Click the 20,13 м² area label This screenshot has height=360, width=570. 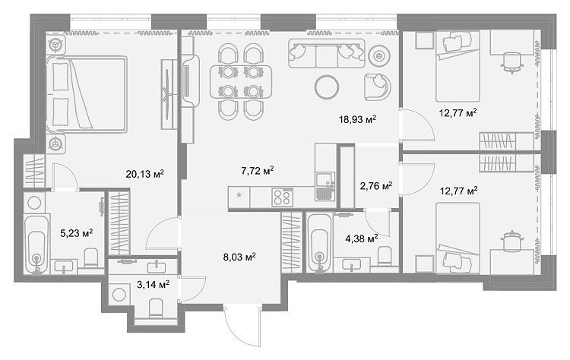(144, 174)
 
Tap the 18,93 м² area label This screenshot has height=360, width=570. (357, 119)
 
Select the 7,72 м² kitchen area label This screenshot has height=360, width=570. (258, 170)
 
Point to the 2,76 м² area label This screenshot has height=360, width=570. (376, 186)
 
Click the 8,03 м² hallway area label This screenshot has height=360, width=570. (239, 257)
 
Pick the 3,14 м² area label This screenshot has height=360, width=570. (153, 285)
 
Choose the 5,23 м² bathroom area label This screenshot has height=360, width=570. (76, 232)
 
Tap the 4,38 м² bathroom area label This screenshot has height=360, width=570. (361, 238)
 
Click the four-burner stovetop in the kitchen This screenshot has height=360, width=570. (282, 197)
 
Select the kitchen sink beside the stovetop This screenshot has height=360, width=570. (325, 186)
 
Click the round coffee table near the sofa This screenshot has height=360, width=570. (327, 87)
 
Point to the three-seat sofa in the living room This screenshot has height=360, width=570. (327, 53)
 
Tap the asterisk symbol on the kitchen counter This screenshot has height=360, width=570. (239, 196)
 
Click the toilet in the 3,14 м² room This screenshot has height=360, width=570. (157, 308)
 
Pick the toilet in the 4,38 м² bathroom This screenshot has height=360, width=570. (385, 257)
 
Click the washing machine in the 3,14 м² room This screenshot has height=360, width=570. (119, 294)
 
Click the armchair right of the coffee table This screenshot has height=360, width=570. (378, 87)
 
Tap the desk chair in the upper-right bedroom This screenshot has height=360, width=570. (512, 62)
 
